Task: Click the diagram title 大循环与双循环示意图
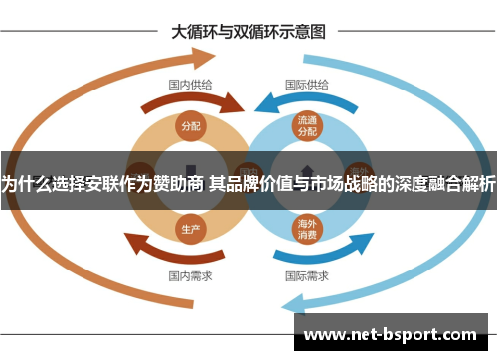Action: coord(248,31)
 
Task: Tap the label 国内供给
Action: coord(189,85)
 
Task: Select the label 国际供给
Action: coord(307,85)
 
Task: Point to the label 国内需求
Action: coord(189,275)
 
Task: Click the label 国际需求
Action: coord(307,275)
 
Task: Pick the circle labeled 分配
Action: coord(190,125)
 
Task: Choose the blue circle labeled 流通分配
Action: coord(306,126)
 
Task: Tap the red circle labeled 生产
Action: coord(190,228)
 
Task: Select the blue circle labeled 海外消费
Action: coord(306,228)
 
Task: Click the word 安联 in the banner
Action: coord(96,183)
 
